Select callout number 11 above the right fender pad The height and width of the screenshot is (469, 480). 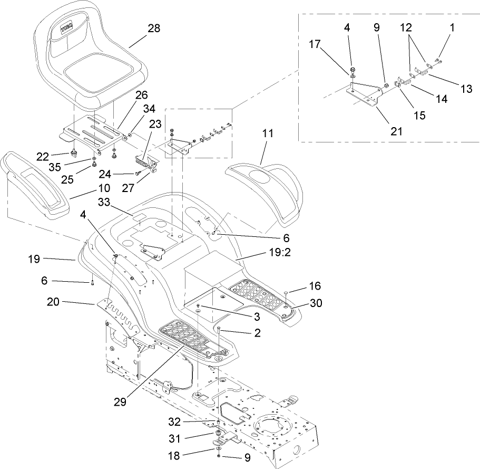click(268, 133)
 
